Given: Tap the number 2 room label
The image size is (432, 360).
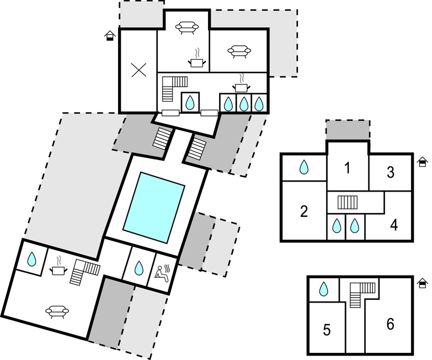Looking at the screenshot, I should (304, 211).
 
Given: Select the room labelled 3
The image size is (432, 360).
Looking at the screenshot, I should (391, 172).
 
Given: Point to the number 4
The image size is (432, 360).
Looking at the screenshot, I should (394, 225).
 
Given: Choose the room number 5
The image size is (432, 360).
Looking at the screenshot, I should (327, 330).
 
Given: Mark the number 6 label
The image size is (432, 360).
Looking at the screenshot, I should (390, 324).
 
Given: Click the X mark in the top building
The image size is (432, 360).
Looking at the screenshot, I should (138, 70).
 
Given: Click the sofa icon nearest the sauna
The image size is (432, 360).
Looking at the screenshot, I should (57, 312).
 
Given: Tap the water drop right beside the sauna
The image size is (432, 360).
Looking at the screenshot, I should (138, 268).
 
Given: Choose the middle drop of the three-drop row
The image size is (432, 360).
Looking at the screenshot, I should (243, 103).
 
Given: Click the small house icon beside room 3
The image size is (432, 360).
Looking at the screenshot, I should (423, 162).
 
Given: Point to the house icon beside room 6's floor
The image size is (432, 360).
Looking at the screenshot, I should (423, 283).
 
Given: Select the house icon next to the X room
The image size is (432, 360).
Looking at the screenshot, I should (110, 36).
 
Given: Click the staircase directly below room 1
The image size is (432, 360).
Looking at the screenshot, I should (348, 202).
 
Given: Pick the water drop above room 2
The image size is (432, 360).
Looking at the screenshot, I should (304, 167).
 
